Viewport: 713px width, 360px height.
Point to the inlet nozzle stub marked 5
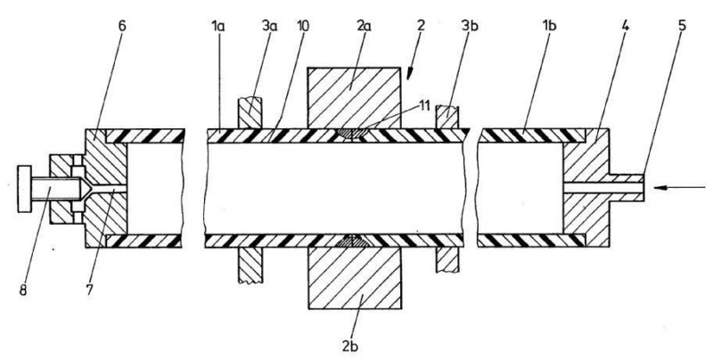pyautogui.click(x=629, y=186)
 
